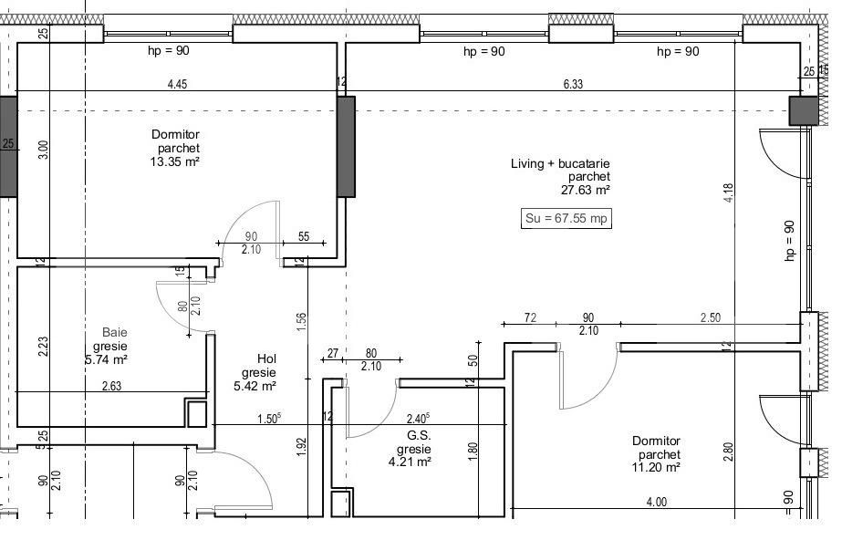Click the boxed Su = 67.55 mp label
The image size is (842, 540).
pyautogui.click(x=566, y=219)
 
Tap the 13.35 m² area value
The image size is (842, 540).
pyautogui.click(x=175, y=161)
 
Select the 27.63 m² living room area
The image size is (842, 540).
pyautogui.click(x=586, y=190)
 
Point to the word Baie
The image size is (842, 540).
pyautogui.click(x=115, y=332)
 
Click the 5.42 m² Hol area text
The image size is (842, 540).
pyautogui.click(x=255, y=386)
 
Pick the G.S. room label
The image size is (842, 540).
pyautogui.click(x=419, y=435)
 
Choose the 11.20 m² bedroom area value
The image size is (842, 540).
pyautogui.click(x=656, y=468)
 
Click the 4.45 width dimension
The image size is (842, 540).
pyautogui.click(x=177, y=84)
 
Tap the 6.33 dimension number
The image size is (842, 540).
pyautogui.click(x=573, y=84)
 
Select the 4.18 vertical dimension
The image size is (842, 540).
pyautogui.click(x=728, y=192)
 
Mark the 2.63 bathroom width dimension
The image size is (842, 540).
pyautogui.click(x=111, y=386)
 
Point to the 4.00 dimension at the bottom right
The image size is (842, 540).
pyautogui.click(x=656, y=502)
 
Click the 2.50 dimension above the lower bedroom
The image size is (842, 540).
pyautogui.click(x=710, y=317)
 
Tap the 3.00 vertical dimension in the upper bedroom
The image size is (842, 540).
pyautogui.click(x=44, y=150)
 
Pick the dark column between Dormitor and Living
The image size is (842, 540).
pyautogui.click(x=346, y=147)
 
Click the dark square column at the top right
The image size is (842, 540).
pyautogui.click(x=804, y=110)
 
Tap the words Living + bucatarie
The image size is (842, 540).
pyautogui.click(x=560, y=163)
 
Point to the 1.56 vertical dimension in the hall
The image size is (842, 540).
pyautogui.click(x=301, y=321)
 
